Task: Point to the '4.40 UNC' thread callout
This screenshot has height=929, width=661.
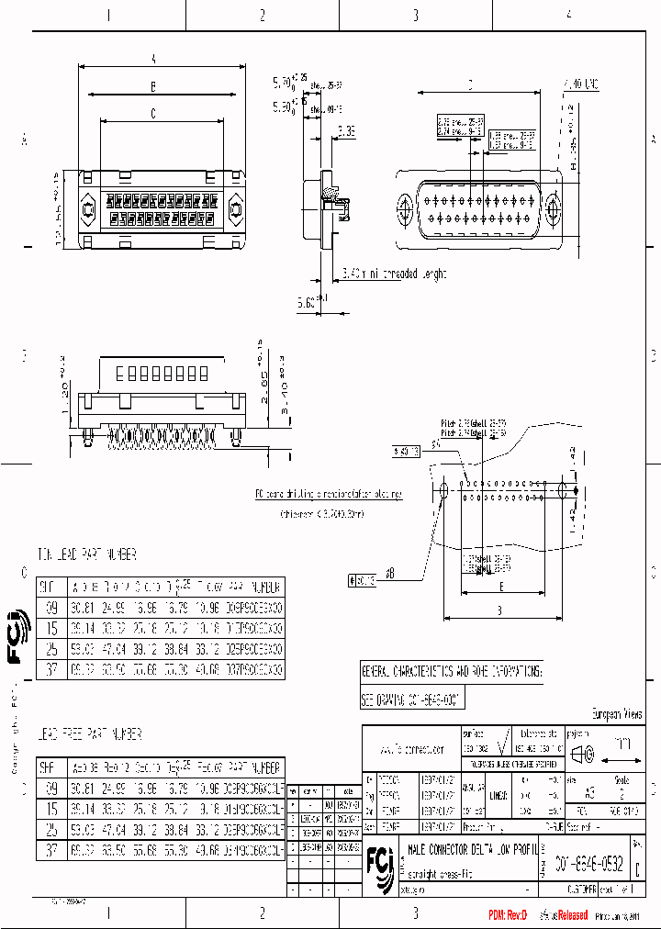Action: coord(580,84)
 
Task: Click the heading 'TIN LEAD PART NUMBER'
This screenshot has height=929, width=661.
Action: coord(87,554)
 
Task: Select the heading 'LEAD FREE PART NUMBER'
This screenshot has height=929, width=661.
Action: coord(89,734)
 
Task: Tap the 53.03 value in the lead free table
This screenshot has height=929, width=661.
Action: coord(83,830)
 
